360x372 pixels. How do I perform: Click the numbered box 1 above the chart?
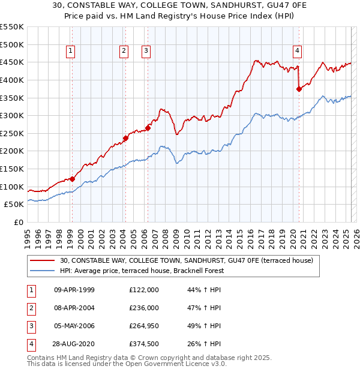(x=71, y=52)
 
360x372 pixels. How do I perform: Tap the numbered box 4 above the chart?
(x=298, y=52)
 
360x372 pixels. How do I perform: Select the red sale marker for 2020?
(x=299, y=89)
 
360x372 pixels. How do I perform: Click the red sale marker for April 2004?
(x=125, y=138)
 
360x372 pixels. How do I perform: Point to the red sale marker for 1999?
(x=72, y=179)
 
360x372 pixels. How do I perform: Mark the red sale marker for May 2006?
(x=148, y=128)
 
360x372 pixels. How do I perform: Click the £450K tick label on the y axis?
(x=12, y=62)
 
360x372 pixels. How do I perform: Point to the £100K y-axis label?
(x=12, y=187)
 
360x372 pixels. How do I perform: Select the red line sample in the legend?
(x=43, y=261)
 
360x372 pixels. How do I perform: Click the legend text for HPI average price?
(x=142, y=271)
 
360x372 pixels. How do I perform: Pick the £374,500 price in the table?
(x=144, y=344)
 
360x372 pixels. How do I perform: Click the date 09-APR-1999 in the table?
(x=74, y=290)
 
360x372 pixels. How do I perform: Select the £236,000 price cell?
(x=144, y=308)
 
